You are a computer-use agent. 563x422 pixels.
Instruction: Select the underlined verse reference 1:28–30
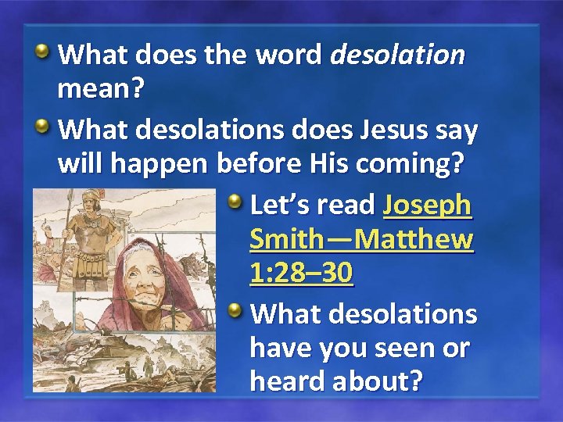pyautogui.click(x=302, y=274)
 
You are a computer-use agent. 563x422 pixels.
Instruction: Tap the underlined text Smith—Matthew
pyautogui.click(x=361, y=239)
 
